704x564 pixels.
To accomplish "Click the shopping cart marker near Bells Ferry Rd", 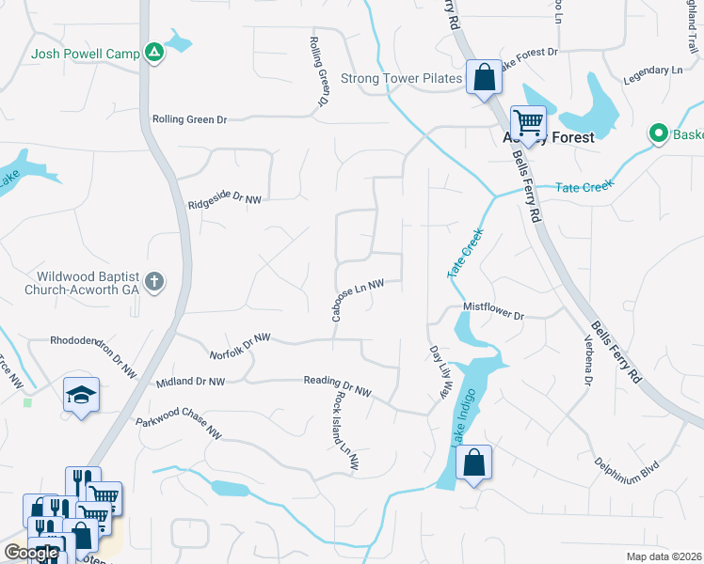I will pos(528,122).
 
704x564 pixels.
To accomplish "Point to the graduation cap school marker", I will pos(81,394).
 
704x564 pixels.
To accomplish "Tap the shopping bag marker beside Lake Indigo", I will pos(474,462).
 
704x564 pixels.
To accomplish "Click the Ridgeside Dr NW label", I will pos(224,200).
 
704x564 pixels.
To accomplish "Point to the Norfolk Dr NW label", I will pos(240,345).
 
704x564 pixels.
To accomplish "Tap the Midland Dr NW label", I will pos(190,382).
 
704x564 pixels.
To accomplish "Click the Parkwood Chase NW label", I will pos(179,429).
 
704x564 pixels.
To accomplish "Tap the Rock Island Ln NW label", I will pos(345,431).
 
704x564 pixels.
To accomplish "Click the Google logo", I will pos(30,553).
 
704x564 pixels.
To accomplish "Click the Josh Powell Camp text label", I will pos(86,54).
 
